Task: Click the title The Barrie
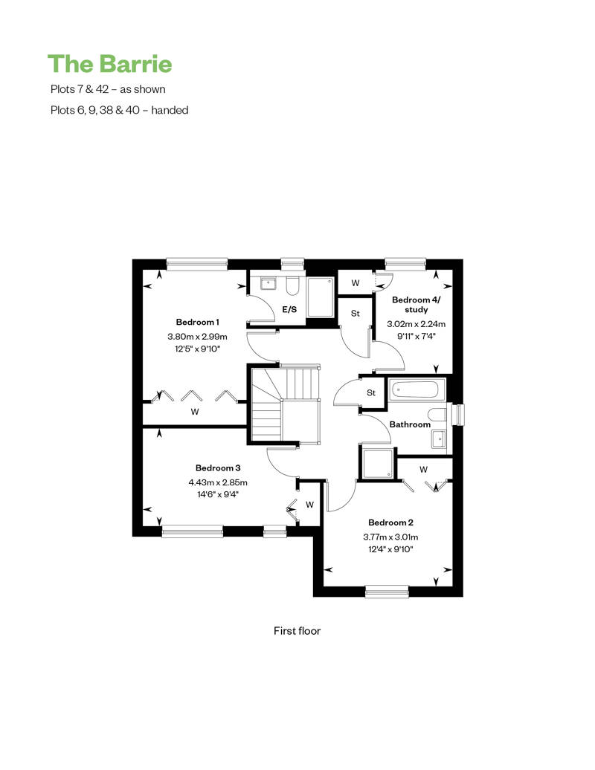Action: coord(109,64)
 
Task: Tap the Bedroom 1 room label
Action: coord(198,322)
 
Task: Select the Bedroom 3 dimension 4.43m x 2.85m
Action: coord(218,482)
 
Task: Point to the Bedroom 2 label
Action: coord(390,522)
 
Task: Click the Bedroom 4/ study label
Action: coord(416,305)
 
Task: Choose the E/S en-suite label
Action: coord(289,309)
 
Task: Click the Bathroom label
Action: coord(410,424)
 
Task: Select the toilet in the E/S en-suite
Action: coord(292,287)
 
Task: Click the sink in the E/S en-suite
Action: coord(268,283)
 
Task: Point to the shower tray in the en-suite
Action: coord(321,297)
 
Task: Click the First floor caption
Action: coord(297,631)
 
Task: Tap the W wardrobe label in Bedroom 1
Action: coord(195,412)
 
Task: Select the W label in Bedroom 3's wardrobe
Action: coord(309,505)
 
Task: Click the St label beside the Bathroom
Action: coord(371,393)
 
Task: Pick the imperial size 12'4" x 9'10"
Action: coord(390,549)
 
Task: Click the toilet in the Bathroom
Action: coord(437,414)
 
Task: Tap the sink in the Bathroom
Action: coord(439,439)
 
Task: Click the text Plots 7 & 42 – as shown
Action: coord(108,89)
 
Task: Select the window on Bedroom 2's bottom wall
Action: coord(387,592)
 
